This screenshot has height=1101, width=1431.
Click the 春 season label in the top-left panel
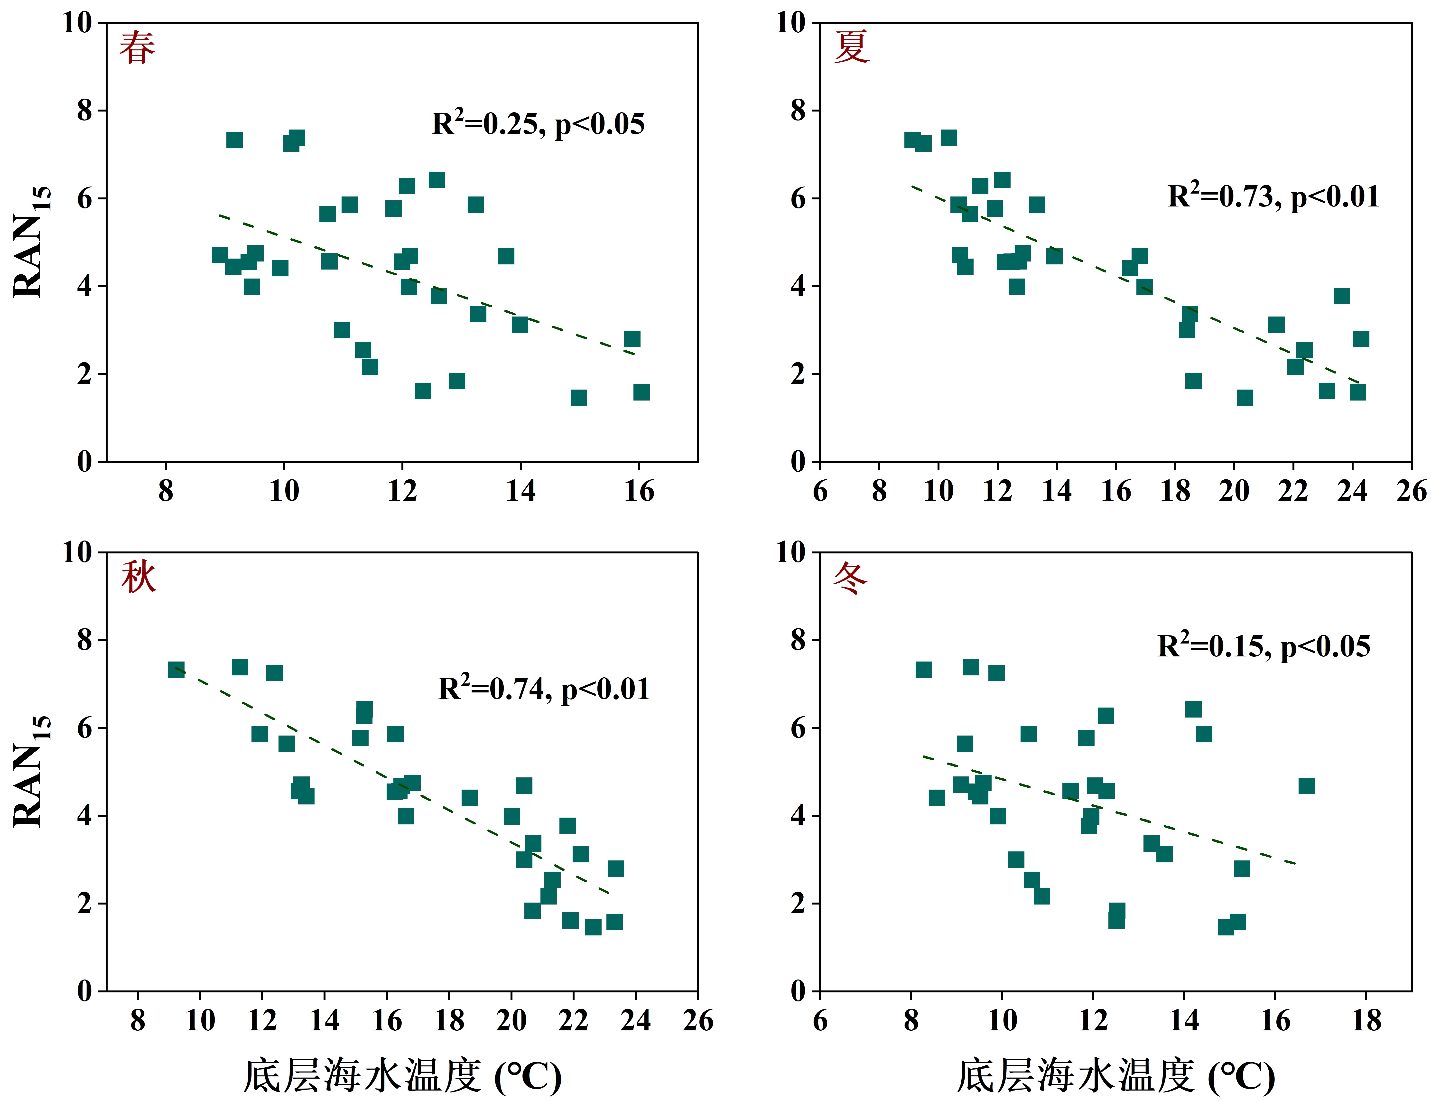[138, 48]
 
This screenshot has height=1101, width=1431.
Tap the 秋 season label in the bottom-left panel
[138, 577]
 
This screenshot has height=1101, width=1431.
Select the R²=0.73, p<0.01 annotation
[1273, 196]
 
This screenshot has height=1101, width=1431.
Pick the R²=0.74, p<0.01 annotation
[544, 688]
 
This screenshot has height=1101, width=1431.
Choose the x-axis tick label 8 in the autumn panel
[138, 1020]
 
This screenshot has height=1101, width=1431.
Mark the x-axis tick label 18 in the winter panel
[1366, 1020]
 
